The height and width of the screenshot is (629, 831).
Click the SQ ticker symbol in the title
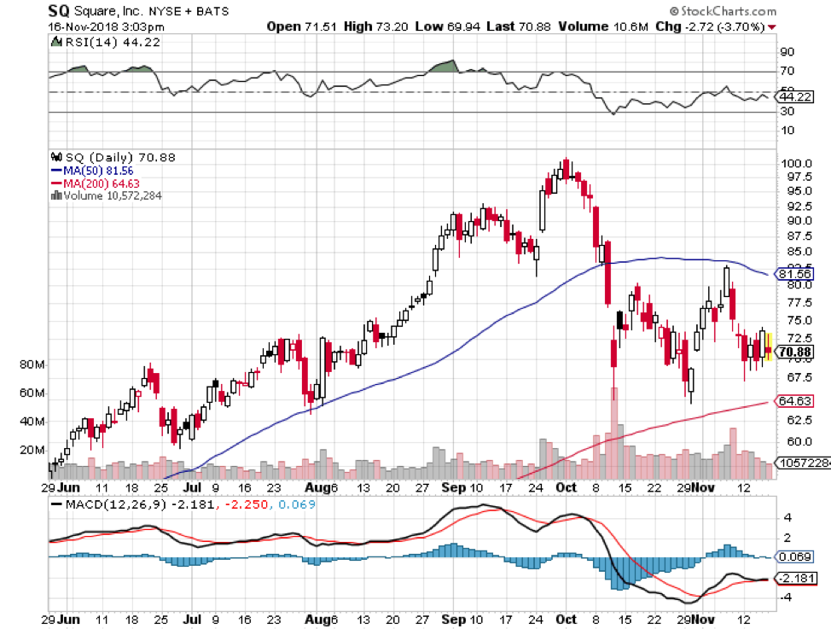(58, 11)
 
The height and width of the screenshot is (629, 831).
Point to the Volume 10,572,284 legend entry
(112, 195)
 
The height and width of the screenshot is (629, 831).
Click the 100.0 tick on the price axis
(795, 163)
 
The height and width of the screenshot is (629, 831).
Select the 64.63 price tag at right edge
(795, 400)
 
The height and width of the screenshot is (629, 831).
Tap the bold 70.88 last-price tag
(795, 351)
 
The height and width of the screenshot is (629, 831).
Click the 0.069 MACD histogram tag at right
(794, 556)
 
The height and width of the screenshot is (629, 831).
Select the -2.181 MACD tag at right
(795, 579)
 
